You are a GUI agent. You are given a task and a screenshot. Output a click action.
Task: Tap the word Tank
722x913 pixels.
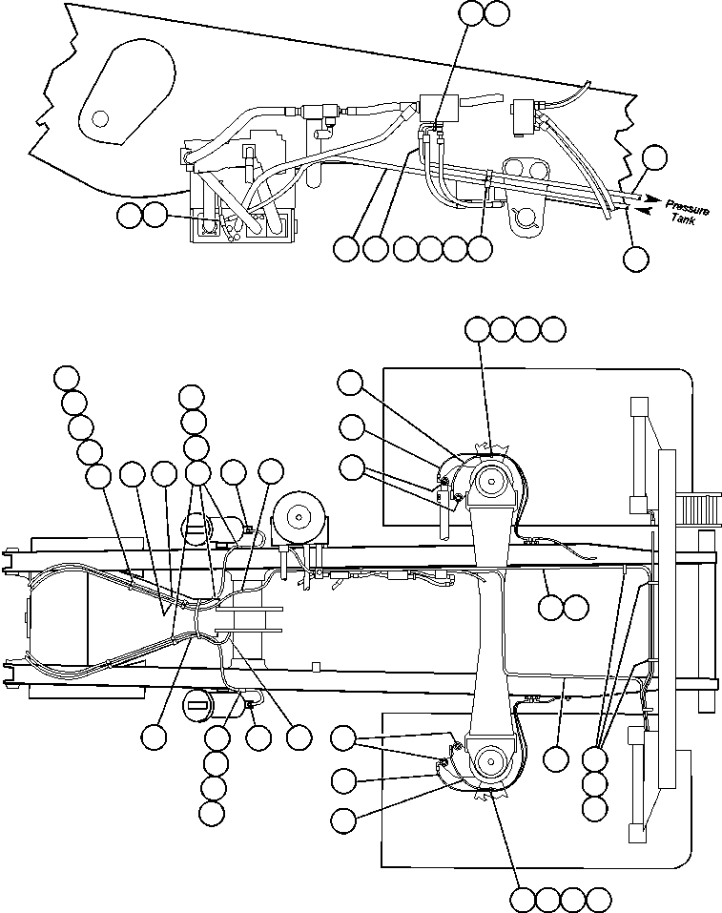coord(683,220)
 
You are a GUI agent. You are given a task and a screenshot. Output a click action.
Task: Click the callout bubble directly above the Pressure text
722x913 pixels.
coord(655,157)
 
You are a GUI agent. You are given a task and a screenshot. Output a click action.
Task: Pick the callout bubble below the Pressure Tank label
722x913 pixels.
coord(635,258)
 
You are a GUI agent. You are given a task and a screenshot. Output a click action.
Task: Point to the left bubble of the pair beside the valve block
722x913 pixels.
coord(130,216)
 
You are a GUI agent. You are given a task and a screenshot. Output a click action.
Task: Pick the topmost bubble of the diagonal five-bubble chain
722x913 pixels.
coord(67,377)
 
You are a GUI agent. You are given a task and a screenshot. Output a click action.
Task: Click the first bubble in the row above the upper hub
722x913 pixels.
coord(477,329)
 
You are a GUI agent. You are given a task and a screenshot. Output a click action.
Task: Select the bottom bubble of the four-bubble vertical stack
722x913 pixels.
coord(212,812)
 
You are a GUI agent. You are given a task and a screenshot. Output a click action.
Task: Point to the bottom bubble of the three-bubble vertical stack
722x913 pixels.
coord(594,808)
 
